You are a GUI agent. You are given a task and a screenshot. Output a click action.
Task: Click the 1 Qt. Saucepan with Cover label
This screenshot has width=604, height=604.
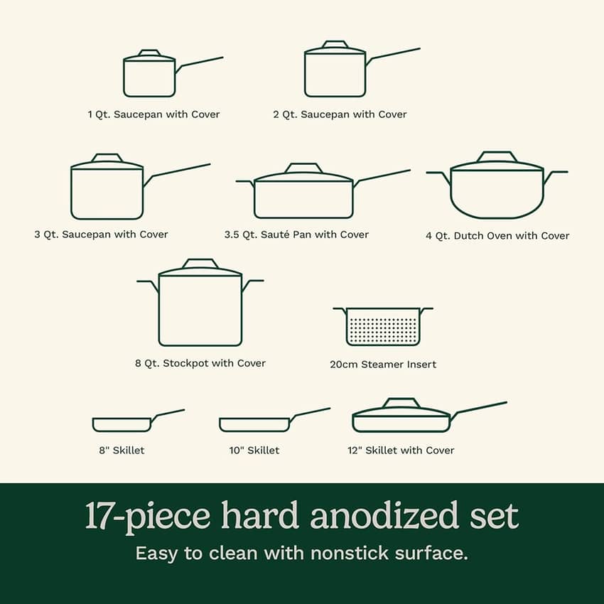(x=153, y=114)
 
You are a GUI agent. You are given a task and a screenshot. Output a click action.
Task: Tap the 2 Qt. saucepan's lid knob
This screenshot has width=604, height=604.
(x=335, y=44)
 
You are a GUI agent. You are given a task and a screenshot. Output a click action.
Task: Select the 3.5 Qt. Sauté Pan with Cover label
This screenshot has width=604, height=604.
(x=296, y=234)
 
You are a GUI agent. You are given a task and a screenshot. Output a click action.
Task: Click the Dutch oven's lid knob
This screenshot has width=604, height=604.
(x=497, y=156)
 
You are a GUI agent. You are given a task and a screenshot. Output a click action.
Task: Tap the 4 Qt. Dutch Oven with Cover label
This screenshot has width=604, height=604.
(x=497, y=236)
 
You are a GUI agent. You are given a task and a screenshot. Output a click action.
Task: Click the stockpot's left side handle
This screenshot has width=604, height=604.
(x=148, y=286)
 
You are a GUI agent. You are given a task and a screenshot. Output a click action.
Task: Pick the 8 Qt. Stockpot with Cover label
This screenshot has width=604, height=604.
(x=200, y=363)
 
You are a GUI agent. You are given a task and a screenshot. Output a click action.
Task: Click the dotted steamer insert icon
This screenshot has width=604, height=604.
(x=383, y=326)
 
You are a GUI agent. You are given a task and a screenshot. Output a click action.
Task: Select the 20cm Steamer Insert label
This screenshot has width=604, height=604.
(x=383, y=365)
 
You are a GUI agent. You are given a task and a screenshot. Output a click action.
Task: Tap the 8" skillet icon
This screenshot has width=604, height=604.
(x=139, y=421)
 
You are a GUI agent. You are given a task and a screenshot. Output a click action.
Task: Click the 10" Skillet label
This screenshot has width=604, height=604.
(x=254, y=451)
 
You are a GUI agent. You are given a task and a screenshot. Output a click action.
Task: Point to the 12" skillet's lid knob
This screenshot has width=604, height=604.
(x=401, y=402)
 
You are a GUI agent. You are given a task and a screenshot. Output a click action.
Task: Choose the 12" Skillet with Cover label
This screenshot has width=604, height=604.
(x=401, y=451)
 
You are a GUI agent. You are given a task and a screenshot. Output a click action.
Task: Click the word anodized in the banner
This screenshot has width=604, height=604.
(x=384, y=515)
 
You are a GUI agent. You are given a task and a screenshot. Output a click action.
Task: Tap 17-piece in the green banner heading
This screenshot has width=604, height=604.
(x=148, y=516)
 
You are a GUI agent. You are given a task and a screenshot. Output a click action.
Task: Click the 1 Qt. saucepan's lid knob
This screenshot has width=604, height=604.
(x=149, y=53)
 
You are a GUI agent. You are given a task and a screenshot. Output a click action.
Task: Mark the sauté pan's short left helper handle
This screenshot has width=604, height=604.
(x=245, y=183)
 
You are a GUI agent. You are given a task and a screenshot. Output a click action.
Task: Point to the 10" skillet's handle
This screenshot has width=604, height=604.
(x=309, y=414)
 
